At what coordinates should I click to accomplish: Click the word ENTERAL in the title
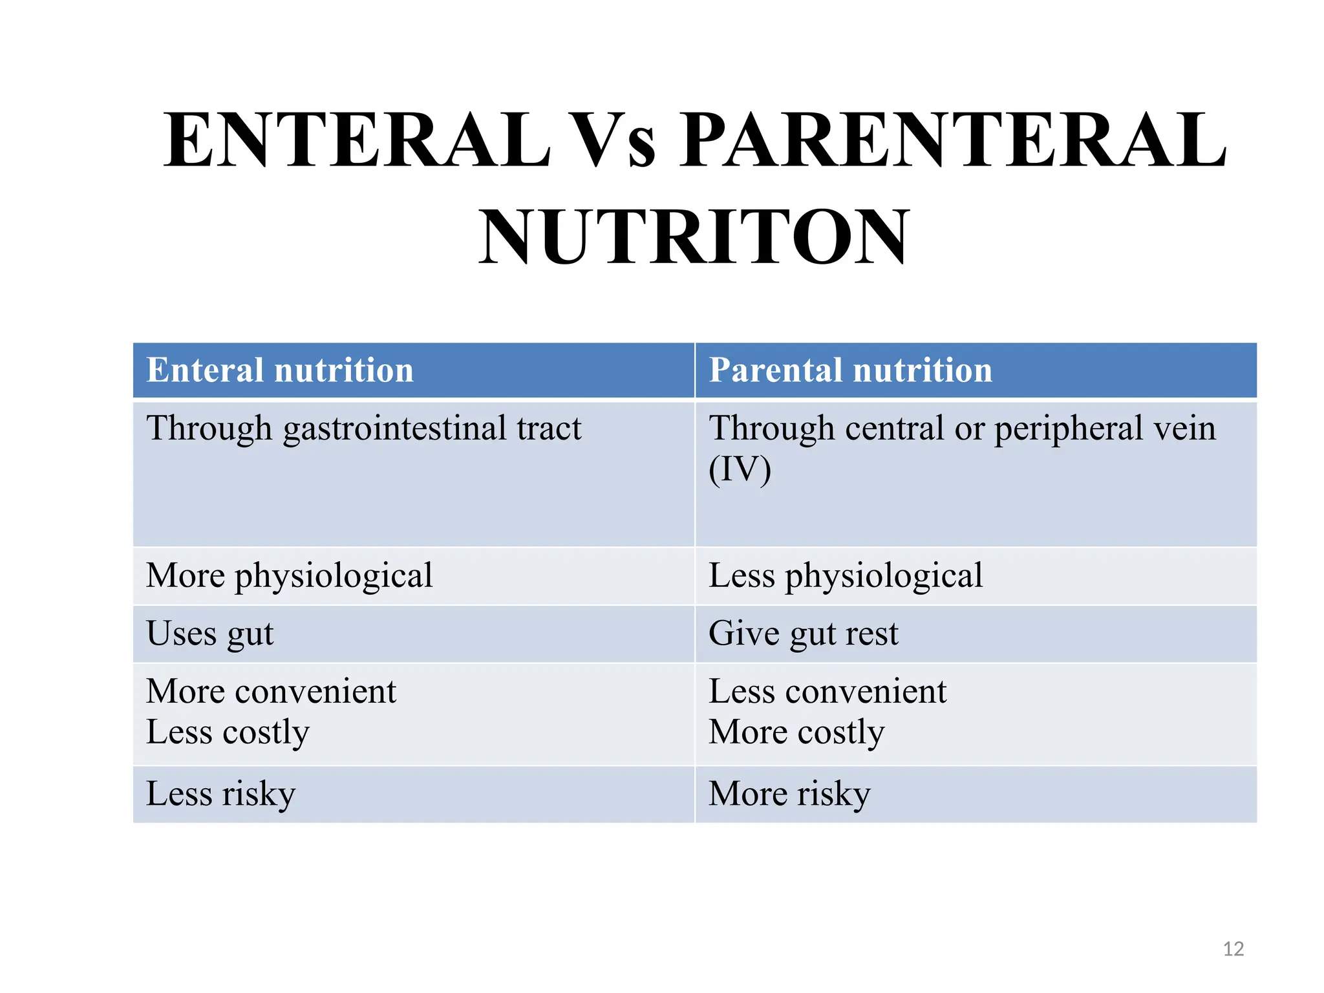[x=357, y=140]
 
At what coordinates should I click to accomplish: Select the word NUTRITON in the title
[x=694, y=237]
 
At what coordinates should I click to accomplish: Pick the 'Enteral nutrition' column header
[x=280, y=370]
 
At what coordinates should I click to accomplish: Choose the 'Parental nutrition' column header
[x=850, y=370]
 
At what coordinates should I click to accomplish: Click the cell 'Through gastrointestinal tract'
[x=364, y=429]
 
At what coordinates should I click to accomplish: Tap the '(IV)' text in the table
[x=740, y=469]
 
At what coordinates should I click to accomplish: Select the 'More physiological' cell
[x=290, y=575]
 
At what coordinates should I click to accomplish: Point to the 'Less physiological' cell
[x=846, y=575]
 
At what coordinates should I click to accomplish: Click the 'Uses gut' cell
[x=210, y=634]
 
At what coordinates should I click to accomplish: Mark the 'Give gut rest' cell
[x=804, y=634]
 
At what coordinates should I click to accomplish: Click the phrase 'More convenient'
[x=272, y=691]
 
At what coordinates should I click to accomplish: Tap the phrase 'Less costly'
[x=228, y=732]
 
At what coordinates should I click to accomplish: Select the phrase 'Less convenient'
[x=827, y=691]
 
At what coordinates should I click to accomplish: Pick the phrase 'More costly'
[x=796, y=732]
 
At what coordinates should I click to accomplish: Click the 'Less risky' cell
[x=221, y=794]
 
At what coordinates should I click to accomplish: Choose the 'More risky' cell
[x=790, y=794]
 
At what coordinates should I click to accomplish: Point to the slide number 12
[x=1233, y=949]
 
